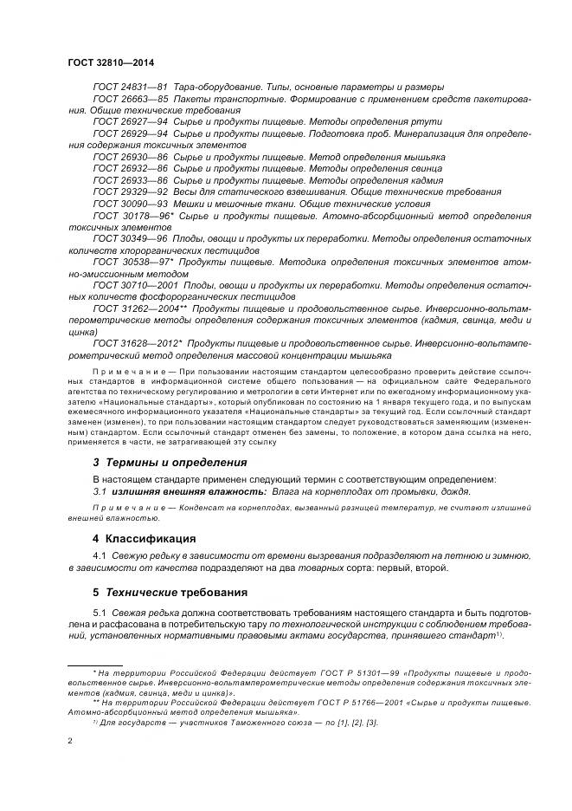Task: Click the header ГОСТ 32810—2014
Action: pos(110,63)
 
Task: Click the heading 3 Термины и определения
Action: pos(170,462)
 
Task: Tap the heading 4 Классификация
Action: pos(145,538)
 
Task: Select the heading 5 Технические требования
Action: pos(170,593)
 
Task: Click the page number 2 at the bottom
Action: pos(70,741)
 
